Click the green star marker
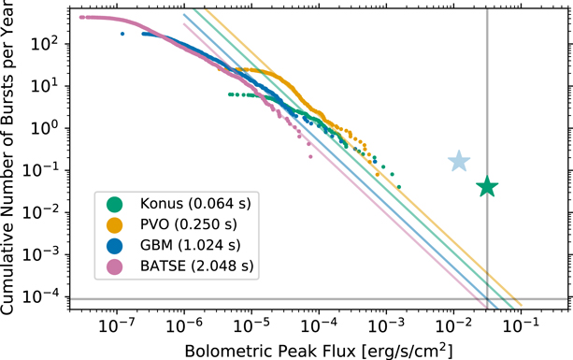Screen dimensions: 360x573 [487, 187]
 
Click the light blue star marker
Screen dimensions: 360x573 [459, 162]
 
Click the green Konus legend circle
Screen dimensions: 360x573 [116, 204]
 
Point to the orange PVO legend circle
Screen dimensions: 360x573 [116, 225]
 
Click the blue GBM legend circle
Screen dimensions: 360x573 [116, 247]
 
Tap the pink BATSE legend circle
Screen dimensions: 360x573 [116, 268]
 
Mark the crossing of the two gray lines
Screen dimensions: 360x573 [487, 299]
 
